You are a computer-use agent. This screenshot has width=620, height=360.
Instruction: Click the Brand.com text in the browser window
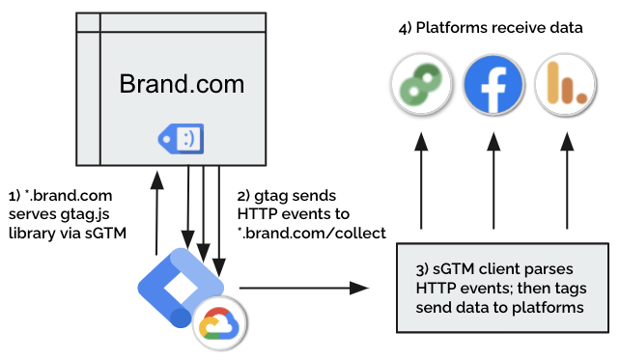click(x=182, y=84)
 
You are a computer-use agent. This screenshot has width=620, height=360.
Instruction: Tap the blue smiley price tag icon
click(x=182, y=139)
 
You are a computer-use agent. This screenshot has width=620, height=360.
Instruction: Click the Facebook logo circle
click(x=493, y=85)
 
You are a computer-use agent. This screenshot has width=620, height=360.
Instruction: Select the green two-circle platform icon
click(x=421, y=85)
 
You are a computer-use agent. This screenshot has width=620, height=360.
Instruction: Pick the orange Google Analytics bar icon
click(x=566, y=85)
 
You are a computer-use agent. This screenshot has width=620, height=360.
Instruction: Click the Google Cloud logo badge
click(x=220, y=323)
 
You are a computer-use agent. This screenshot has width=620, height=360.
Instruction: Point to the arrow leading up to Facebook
click(x=493, y=180)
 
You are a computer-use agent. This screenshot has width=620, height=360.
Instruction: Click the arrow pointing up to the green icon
click(x=421, y=180)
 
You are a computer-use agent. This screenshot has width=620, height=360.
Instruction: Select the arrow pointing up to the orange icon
click(x=567, y=180)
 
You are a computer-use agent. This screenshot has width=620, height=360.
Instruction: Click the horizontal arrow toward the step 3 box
click(x=304, y=288)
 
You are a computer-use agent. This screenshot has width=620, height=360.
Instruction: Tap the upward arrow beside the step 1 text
click(x=157, y=213)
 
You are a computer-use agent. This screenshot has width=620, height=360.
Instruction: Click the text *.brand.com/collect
click(x=312, y=233)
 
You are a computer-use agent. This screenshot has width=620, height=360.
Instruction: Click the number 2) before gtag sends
click(x=243, y=196)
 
